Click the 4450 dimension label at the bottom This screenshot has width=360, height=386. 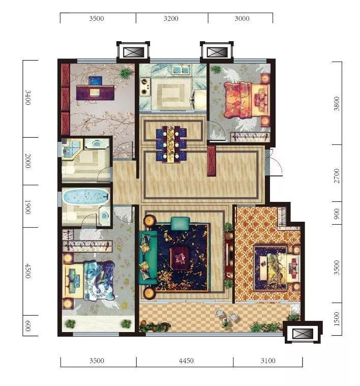coord(186,361)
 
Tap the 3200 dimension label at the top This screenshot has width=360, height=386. coord(171,18)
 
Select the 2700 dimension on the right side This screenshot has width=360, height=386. coord(337,176)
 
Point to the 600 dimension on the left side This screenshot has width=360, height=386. coord(28,325)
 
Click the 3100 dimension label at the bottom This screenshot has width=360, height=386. coord(268,361)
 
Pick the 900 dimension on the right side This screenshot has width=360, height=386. coord(337,214)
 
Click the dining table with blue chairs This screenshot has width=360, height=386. coord(171,144)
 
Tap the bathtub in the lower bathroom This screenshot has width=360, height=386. coord(85,196)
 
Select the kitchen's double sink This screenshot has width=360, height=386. coord(181,70)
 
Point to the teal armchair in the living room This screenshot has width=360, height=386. coord(180,223)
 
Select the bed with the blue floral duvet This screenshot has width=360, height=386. coord(89,281)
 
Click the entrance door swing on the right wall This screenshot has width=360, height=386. coord(276,162)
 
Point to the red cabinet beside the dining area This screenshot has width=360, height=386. coord(211,161)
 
